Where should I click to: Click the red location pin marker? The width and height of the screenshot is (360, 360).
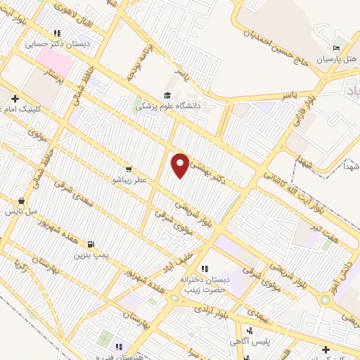181,165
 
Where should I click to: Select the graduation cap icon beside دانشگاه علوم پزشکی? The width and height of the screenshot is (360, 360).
167,95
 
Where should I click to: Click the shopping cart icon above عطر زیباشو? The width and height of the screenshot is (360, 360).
128,169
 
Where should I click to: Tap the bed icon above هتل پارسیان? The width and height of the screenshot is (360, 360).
336,48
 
